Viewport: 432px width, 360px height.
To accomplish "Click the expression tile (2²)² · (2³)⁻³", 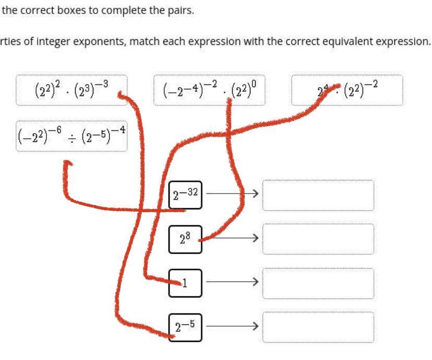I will coord(71,90).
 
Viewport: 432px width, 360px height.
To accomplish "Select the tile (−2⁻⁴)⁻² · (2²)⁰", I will coord(209,90).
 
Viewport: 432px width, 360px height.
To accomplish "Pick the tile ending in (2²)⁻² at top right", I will coord(347,90).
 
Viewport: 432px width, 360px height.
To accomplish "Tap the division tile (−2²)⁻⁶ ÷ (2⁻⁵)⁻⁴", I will coord(71,136).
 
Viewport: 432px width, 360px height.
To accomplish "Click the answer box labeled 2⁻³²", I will coord(185,195).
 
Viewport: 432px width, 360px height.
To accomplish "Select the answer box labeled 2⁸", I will coord(185,239).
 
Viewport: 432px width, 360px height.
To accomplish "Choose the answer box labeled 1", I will coord(185,283).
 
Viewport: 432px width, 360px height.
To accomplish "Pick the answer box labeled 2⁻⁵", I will coord(185,327).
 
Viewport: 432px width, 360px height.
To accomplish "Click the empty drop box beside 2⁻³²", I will coord(318,195).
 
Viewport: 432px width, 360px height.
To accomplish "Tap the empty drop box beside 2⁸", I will coord(318,239).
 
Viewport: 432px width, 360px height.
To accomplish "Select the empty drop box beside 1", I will coord(318,283).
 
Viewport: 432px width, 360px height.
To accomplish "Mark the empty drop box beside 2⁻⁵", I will coord(318,327).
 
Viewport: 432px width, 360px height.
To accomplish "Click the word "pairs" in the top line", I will coord(181,11).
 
